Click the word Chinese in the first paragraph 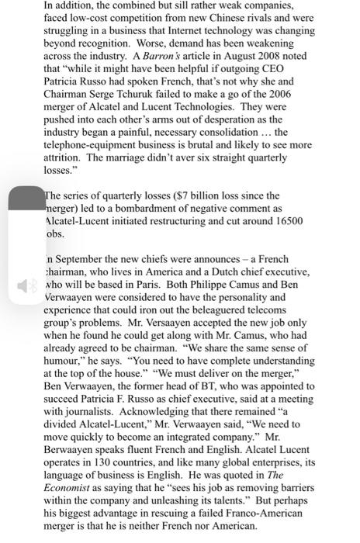click(x=227, y=18)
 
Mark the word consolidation click(x=223, y=132)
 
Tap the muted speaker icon click(x=27, y=286)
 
